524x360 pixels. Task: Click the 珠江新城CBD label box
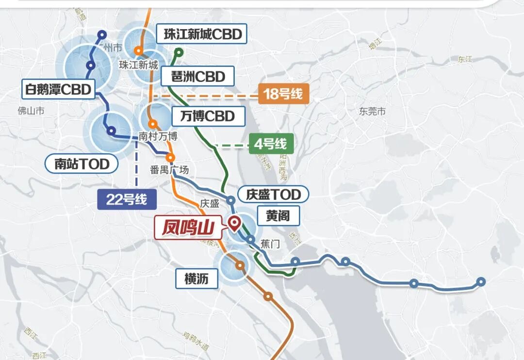[x=203, y=35]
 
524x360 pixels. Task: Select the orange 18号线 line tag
[x=284, y=94]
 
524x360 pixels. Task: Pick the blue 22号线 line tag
[x=127, y=199]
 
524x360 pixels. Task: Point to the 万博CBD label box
[x=207, y=116]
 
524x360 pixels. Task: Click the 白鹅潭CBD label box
[x=58, y=90]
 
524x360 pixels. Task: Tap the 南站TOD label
[x=82, y=164]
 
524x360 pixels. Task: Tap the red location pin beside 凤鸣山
[x=235, y=224]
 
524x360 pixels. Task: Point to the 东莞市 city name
[x=373, y=112]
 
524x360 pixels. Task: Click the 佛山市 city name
[x=31, y=111]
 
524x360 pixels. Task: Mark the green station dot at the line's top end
[x=179, y=52]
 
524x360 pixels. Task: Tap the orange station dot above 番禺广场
[x=170, y=158]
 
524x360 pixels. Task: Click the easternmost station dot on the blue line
[x=481, y=281]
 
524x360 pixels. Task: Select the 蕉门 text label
[x=270, y=244]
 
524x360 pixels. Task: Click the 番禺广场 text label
[x=169, y=170]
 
